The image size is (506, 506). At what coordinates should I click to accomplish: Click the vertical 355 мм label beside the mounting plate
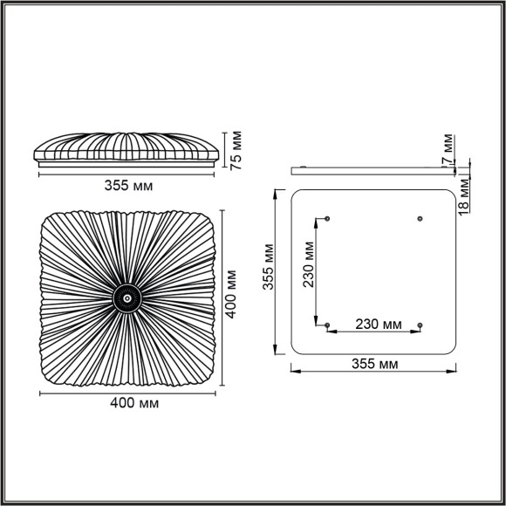click(x=270, y=270)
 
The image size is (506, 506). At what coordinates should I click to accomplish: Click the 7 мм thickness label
click(x=447, y=149)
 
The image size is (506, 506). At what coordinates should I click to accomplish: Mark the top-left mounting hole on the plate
click(x=327, y=217)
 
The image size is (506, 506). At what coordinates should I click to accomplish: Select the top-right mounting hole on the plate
click(x=421, y=217)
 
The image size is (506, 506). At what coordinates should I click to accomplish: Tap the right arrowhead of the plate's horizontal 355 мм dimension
click(x=453, y=371)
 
